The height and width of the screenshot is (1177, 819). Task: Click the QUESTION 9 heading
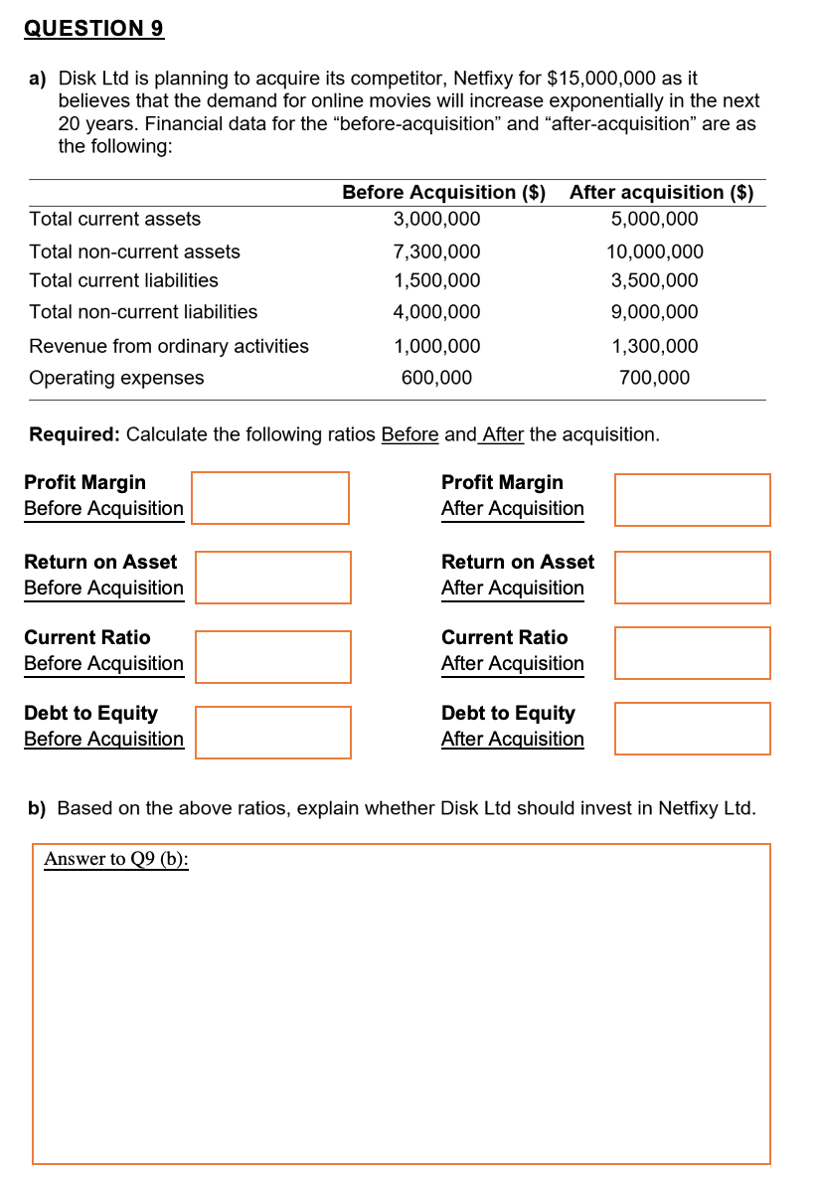pyautogui.click(x=93, y=29)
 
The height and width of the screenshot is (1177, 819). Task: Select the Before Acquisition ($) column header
pyautogui.click(x=443, y=192)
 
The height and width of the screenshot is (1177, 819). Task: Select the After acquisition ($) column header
pyautogui.click(x=661, y=192)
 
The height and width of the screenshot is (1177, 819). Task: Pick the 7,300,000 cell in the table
pyautogui.click(x=436, y=252)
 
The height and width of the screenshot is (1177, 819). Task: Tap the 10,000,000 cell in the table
pyautogui.click(x=654, y=252)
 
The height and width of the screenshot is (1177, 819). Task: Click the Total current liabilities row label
pyautogui.click(x=124, y=280)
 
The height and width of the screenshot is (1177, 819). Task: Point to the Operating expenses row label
pyautogui.click(x=116, y=378)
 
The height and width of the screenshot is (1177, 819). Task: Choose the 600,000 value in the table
pyautogui.click(x=436, y=378)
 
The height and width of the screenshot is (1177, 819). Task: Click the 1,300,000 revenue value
pyautogui.click(x=654, y=346)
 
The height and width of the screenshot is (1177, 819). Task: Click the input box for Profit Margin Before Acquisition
pyautogui.click(x=270, y=498)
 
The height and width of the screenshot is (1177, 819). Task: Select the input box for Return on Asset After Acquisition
pyautogui.click(x=692, y=578)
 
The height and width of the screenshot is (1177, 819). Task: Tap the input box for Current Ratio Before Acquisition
pyautogui.click(x=272, y=657)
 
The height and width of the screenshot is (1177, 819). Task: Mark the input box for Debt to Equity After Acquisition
pyautogui.click(x=692, y=729)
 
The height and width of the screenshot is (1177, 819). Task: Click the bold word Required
pyautogui.click(x=74, y=434)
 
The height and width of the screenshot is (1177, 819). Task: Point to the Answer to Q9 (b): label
pyautogui.click(x=116, y=859)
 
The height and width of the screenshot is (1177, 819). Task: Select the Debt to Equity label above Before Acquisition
pyautogui.click(x=90, y=713)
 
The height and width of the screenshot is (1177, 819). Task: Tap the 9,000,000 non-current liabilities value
pyautogui.click(x=654, y=312)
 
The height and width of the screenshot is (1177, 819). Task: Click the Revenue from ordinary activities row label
pyautogui.click(x=169, y=346)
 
